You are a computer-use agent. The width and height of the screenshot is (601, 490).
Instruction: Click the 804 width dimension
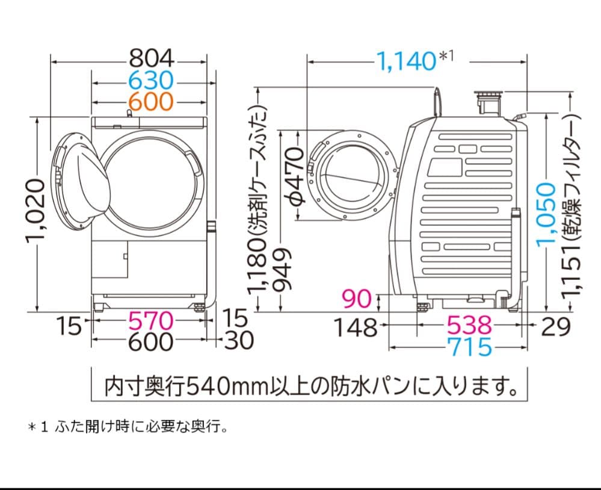pyautogui.click(x=151, y=59)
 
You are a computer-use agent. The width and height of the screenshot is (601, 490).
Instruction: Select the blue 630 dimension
pyautogui.click(x=151, y=80)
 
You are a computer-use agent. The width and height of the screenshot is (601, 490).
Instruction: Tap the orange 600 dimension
pyautogui.click(x=151, y=101)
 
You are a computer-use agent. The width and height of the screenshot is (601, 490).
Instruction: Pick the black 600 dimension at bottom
pyautogui.click(x=151, y=342)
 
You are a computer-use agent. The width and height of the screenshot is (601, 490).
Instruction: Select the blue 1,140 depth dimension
pyautogui.click(x=407, y=60)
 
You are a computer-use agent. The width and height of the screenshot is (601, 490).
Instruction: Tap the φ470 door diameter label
pyautogui.click(x=294, y=175)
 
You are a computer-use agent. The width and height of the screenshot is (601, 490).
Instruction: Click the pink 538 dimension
pyautogui.click(x=469, y=326)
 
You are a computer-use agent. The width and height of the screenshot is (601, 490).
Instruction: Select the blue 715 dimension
pyautogui.click(x=469, y=347)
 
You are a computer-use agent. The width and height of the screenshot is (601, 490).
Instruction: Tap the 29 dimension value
pyautogui.click(x=554, y=326)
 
